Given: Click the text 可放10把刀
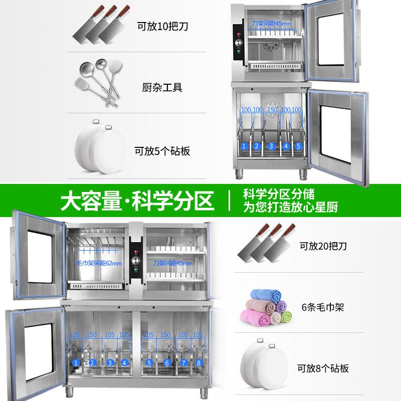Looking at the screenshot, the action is coord(162,27).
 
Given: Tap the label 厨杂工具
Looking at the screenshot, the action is coord(162,87).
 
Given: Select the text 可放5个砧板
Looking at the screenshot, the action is coord(162,151).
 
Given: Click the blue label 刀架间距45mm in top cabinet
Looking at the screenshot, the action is coord(271,24).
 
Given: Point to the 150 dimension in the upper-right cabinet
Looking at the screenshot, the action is coord(272,110).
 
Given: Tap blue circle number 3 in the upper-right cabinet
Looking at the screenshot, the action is coord(271,146).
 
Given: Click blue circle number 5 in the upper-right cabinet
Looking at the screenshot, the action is coord(298,146).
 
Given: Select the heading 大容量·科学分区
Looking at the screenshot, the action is coord(137,201).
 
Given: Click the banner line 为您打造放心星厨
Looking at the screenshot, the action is coord(291,207).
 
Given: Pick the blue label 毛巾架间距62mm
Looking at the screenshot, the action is coord(99,263).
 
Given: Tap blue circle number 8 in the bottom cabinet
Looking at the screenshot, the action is coord(198,362).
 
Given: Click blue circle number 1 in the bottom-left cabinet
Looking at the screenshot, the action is coord(76,362).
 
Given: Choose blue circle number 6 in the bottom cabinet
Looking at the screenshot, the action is coord(167,362).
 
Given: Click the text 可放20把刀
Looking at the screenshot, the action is coord(323,246).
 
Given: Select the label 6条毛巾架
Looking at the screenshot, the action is coord(323,307).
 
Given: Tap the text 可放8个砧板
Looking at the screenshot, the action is coord(323,368).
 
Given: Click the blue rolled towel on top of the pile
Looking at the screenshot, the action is coord(266,295).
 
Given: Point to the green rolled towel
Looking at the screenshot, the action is coord(286,317).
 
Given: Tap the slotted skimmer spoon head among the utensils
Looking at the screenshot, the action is coord(85,68).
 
